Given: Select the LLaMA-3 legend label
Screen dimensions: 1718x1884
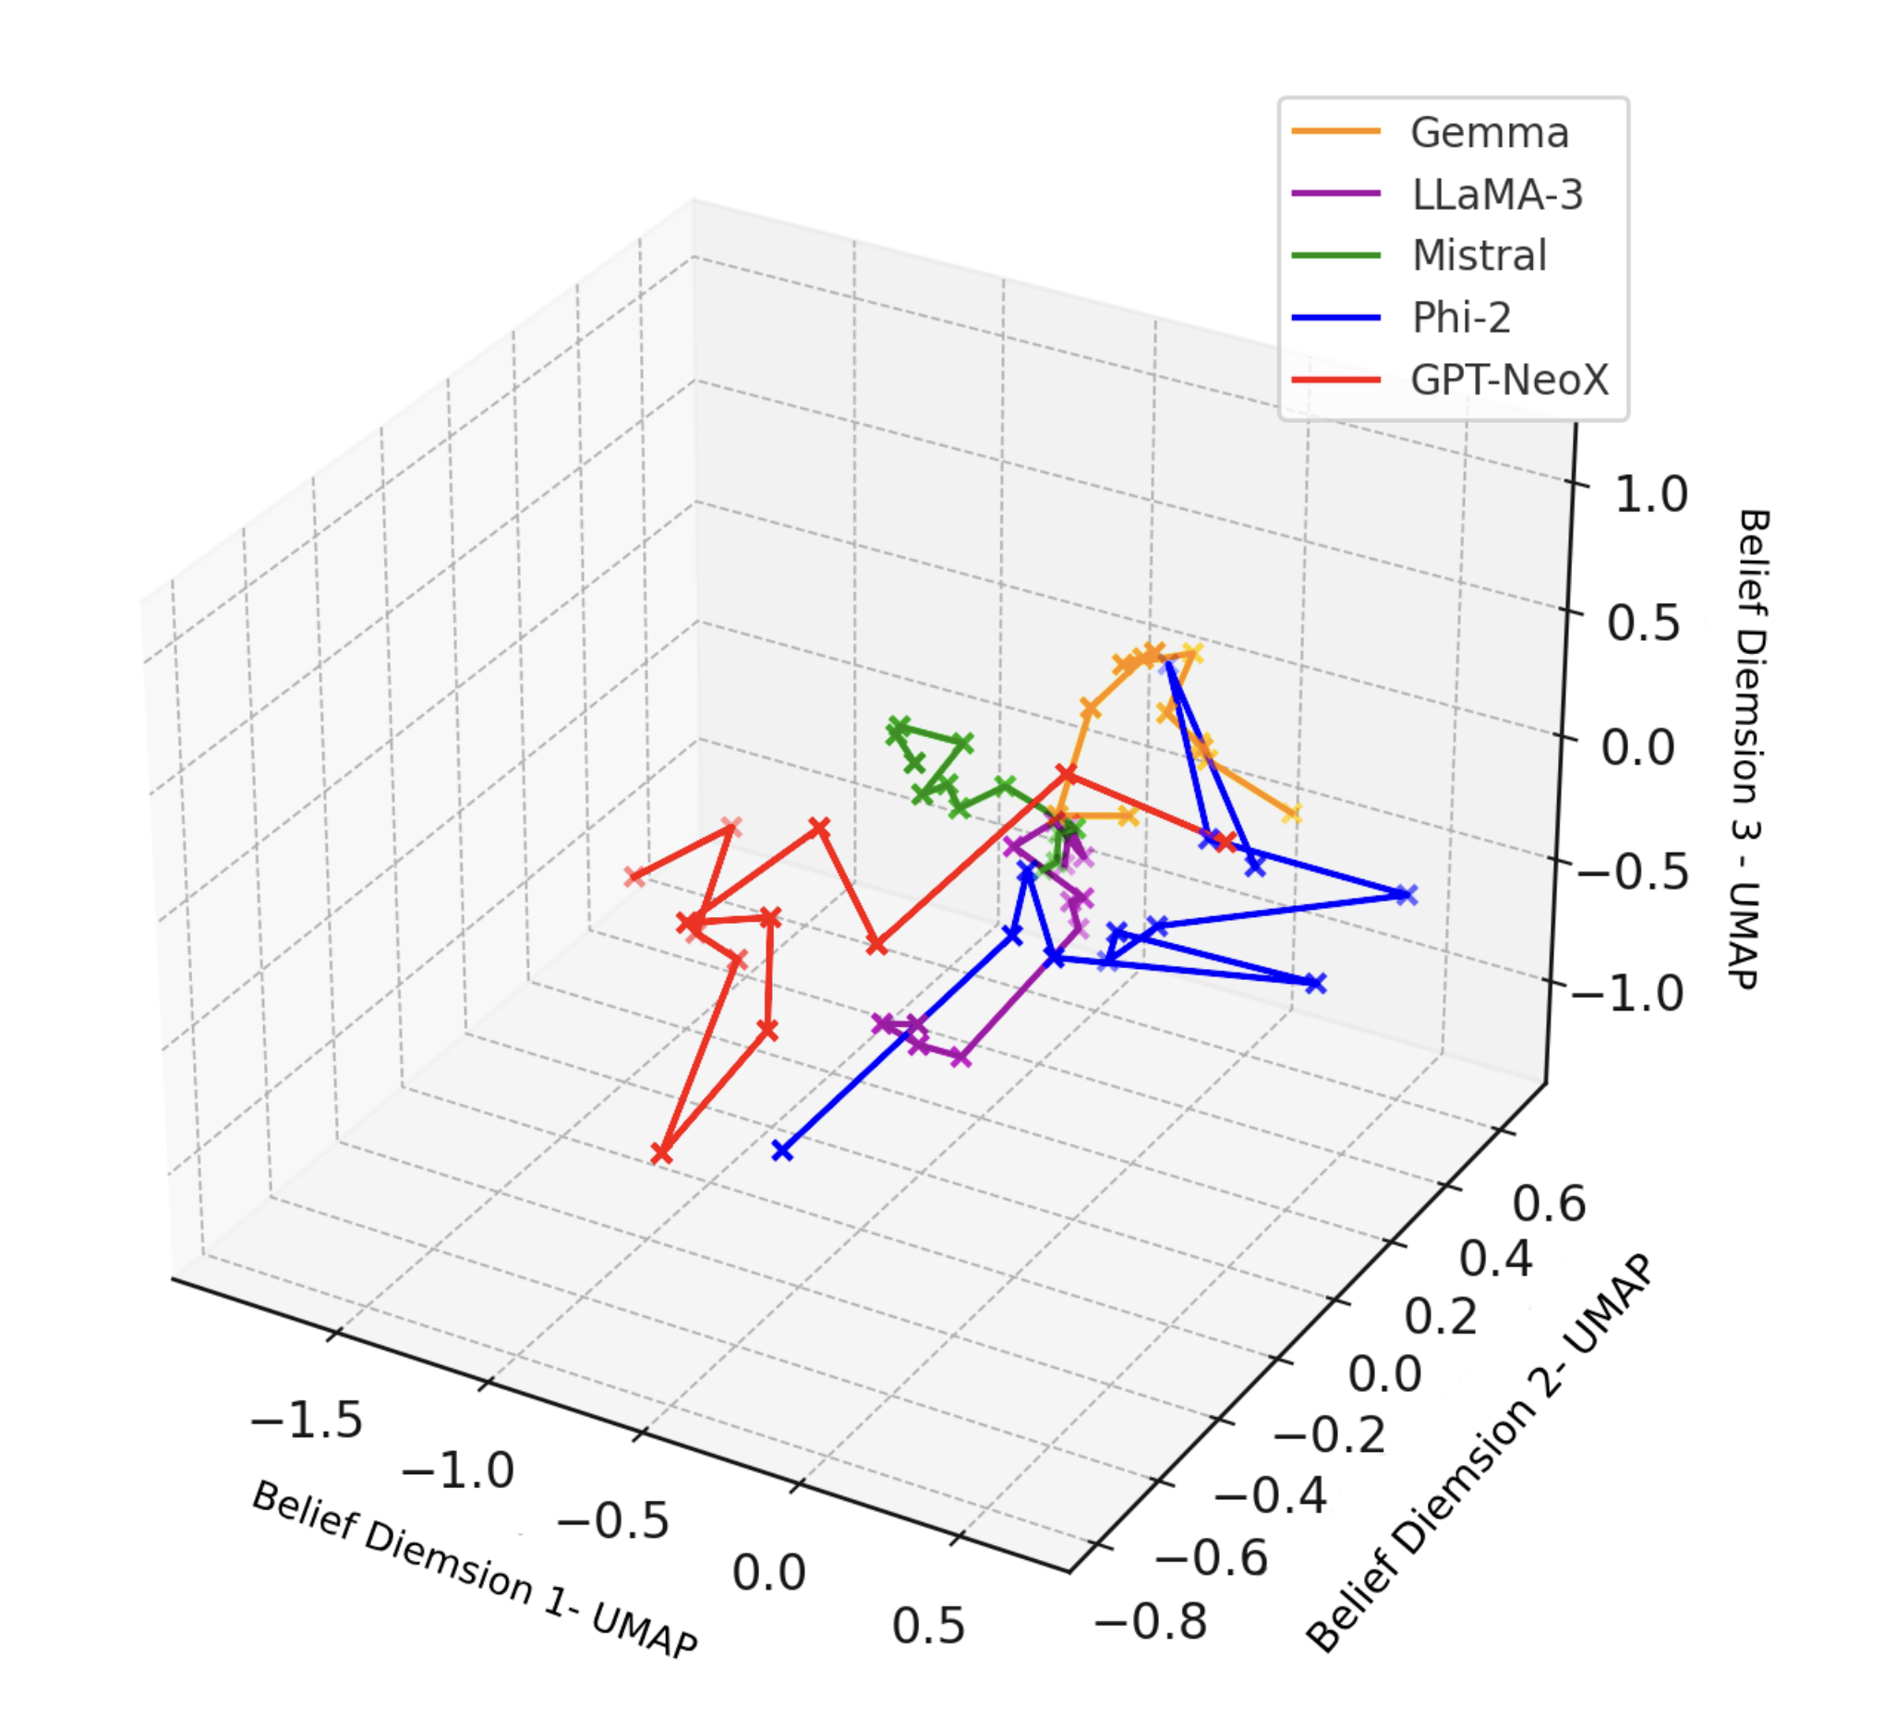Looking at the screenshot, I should click(1496, 194).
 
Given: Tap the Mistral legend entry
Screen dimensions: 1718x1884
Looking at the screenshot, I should click(1479, 255).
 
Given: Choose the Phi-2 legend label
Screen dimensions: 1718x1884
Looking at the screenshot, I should click(1461, 318).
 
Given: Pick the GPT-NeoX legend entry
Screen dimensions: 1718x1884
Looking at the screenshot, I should click(1508, 380).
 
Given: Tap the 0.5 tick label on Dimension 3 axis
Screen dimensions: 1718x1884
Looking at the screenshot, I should click(1643, 623).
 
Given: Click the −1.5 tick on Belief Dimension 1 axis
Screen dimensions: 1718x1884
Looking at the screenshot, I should click(307, 1420).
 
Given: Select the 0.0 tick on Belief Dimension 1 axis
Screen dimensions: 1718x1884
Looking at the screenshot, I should click(768, 1572).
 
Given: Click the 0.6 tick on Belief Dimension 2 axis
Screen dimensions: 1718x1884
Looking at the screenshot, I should click(1549, 1203).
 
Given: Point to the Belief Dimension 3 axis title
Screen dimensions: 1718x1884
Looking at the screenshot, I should click(1750, 748).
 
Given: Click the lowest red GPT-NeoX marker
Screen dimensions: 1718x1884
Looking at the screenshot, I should click(661, 1155).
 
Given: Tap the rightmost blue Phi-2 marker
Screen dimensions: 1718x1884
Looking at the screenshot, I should click(1406, 894).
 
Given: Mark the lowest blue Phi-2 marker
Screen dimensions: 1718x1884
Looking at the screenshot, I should click(782, 1151).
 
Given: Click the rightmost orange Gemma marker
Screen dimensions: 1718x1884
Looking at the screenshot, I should click(1291, 813).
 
